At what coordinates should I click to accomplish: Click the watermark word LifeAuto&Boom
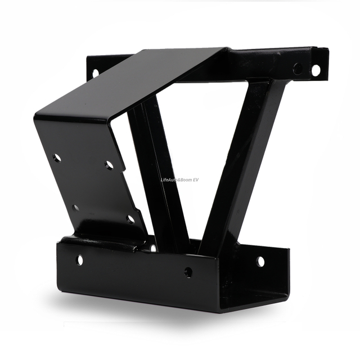(176, 180)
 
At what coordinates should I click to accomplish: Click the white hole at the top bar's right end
(316, 70)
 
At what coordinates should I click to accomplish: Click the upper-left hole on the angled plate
(57, 157)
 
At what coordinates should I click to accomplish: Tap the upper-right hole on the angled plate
(109, 165)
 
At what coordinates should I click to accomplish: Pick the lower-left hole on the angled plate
(75, 208)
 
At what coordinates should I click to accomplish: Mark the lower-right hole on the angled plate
(131, 219)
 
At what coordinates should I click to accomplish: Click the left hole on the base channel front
(79, 260)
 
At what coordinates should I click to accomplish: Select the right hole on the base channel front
(188, 272)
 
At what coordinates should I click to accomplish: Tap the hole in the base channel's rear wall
(260, 262)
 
